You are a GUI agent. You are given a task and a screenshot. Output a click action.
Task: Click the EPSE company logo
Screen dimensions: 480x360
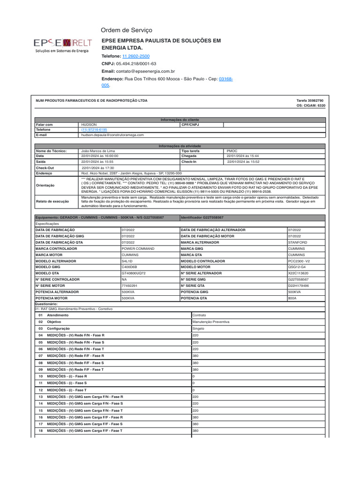pos(62,45)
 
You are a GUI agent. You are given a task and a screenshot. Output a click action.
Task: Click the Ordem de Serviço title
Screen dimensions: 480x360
pos(127,30)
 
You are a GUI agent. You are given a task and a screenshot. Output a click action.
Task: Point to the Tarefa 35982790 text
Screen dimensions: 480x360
pos(310,100)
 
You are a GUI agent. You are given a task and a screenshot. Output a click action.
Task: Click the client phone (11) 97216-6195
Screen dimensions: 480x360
pos(94,130)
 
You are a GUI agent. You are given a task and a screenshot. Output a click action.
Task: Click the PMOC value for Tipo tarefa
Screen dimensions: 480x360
pos(232,151)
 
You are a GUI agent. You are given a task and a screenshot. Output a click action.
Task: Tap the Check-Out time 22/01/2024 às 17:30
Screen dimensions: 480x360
pos(98,167)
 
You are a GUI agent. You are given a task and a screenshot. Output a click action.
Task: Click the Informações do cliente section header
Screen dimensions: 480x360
pos(180,120)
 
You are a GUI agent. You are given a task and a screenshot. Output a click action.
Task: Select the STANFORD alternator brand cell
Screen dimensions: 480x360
pos(298,242)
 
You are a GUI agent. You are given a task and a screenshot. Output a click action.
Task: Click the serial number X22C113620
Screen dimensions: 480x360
pos(298,273)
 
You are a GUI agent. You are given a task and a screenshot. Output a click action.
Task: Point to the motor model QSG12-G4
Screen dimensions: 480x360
pos(297,267)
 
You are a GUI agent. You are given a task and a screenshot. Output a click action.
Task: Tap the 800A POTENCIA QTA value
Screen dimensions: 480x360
pos(292,298)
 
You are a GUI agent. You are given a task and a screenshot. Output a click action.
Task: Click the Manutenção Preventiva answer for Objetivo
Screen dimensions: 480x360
pos(211,322)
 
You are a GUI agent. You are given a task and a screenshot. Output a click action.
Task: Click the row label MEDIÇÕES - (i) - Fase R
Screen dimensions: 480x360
pos(67,376)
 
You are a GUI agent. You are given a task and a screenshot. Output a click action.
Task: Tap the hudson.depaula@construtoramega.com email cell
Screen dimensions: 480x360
pos(113,135)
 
